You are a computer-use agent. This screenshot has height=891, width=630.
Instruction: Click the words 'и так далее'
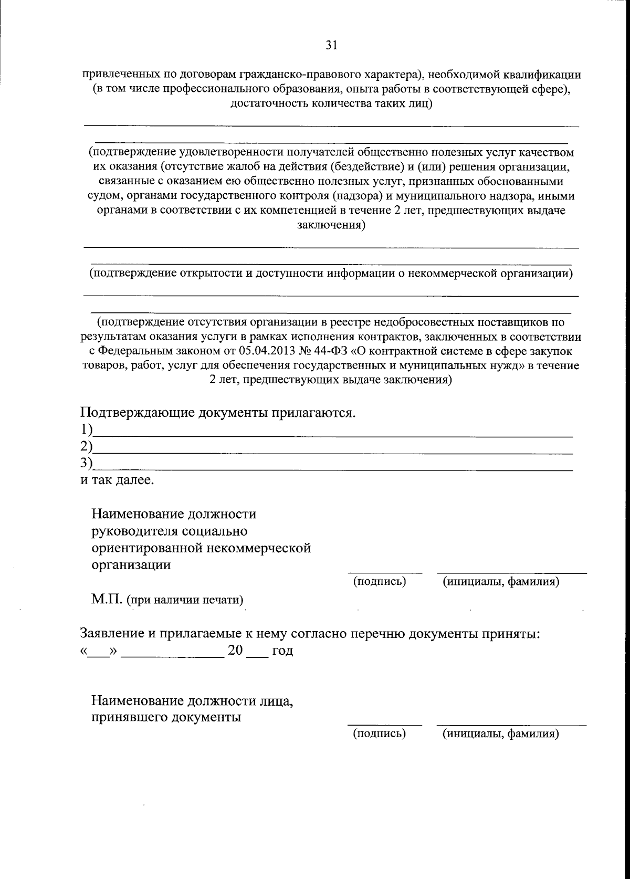click(117, 480)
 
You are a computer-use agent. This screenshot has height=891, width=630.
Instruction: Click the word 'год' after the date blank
click(282, 651)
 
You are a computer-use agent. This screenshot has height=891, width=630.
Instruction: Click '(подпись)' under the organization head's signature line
click(380, 581)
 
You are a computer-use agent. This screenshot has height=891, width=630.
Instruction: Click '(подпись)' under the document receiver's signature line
click(380, 733)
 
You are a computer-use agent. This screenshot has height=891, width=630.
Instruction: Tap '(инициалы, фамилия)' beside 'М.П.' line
click(500, 581)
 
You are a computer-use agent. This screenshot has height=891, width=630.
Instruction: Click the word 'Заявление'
click(112, 633)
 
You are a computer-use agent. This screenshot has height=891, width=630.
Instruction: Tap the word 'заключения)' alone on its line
click(331, 225)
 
